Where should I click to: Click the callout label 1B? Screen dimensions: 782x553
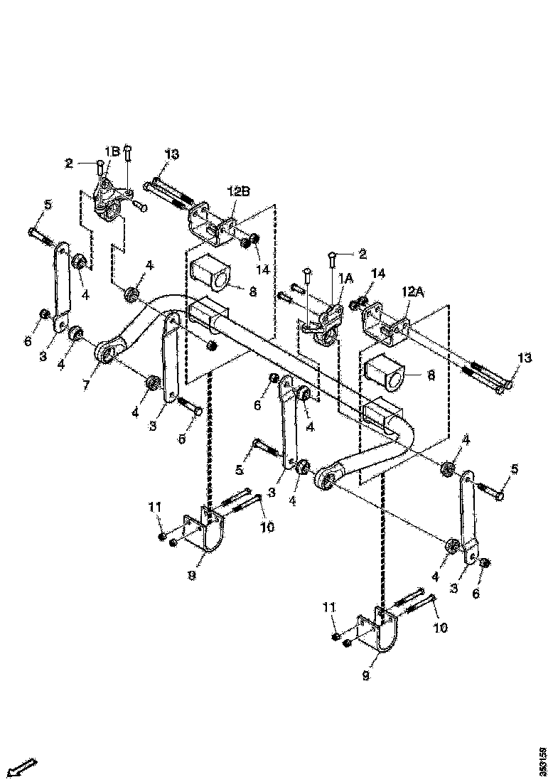[112, 151]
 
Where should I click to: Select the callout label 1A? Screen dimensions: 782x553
[345, 279]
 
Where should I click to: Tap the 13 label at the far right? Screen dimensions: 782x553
[524, 358]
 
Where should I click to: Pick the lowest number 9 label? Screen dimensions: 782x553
[365, 677]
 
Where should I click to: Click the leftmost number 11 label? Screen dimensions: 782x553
[156, 507]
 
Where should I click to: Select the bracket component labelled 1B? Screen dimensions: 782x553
[110, 200]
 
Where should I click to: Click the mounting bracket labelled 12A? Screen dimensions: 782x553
[386, 323]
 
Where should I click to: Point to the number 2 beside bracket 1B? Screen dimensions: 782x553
[69, 164]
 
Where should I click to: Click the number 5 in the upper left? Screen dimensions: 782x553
[48, 205]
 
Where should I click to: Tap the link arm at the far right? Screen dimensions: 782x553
[469, 512]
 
